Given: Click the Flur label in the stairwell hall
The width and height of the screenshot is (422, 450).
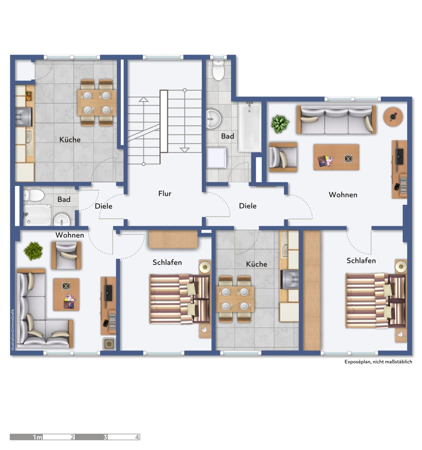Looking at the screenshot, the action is click(165, 194).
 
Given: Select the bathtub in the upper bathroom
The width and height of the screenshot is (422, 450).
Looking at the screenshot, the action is click(249, 127).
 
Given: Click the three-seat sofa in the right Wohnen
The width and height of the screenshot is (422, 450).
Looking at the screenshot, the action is click(336, 119).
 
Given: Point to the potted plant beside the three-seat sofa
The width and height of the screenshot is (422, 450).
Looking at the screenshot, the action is click(280, 124).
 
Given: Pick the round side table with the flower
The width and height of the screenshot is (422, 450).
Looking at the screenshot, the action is click(393, 117).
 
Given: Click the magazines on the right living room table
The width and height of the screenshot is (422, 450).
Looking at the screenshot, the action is click(325, 161).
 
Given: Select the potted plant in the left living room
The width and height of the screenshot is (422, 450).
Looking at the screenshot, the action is click(33, 251).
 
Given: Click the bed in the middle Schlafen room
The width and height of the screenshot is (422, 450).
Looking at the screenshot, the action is click(179, 299).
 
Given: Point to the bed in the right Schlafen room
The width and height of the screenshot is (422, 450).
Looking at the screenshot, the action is click(376, 301).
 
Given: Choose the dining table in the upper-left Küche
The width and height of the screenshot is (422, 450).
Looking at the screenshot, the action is click(97, 103).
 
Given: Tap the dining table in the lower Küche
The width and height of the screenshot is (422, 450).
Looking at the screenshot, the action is click(235, 299).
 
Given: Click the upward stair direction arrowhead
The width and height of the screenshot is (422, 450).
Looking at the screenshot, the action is click(143, 99).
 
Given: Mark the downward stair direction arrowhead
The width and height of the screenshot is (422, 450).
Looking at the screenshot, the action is click(185, 150).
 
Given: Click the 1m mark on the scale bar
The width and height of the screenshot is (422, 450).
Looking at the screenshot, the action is click(38, 437).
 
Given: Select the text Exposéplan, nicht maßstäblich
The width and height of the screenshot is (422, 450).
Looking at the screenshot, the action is click(378, 362).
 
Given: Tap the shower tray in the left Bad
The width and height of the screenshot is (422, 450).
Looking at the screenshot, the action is click(37, 215).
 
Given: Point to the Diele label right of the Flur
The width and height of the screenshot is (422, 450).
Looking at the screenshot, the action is click(248, 206).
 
